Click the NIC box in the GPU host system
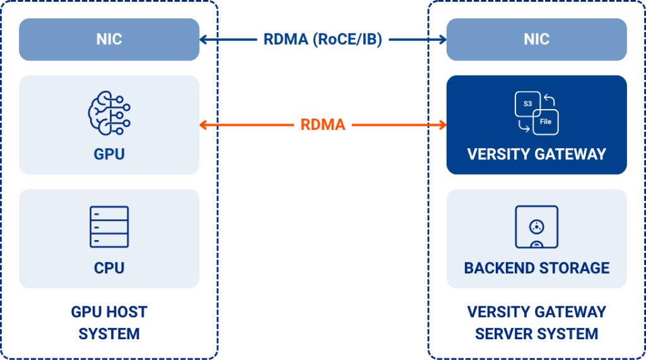109,40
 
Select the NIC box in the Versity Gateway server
536,40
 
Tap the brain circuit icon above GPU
109,113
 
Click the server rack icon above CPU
109,226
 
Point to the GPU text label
109,154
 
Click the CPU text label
109,268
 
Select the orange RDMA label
322,124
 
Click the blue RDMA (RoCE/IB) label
322,40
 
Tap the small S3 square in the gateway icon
527,104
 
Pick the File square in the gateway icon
546,122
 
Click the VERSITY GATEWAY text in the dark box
536,154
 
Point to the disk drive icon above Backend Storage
536,226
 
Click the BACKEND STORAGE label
536,268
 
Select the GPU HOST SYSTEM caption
109,323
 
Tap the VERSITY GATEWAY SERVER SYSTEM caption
536,323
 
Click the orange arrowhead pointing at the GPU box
203,124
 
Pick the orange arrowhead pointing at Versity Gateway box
443,124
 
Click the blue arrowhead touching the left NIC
203,40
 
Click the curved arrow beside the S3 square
549,99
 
